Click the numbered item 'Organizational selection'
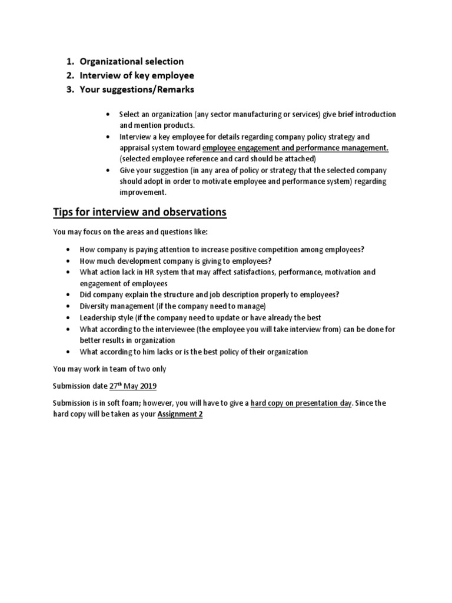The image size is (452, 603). point(132,61)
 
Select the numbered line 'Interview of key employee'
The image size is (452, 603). point(137,75)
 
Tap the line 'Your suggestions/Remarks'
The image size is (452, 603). point(137,90)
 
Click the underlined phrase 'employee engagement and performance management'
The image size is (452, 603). point(295,147)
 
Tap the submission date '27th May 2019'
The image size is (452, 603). point(133,386)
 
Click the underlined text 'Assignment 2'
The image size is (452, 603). point(180,414)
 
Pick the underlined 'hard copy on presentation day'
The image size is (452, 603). point(301,403)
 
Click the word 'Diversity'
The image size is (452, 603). point(95,306)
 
